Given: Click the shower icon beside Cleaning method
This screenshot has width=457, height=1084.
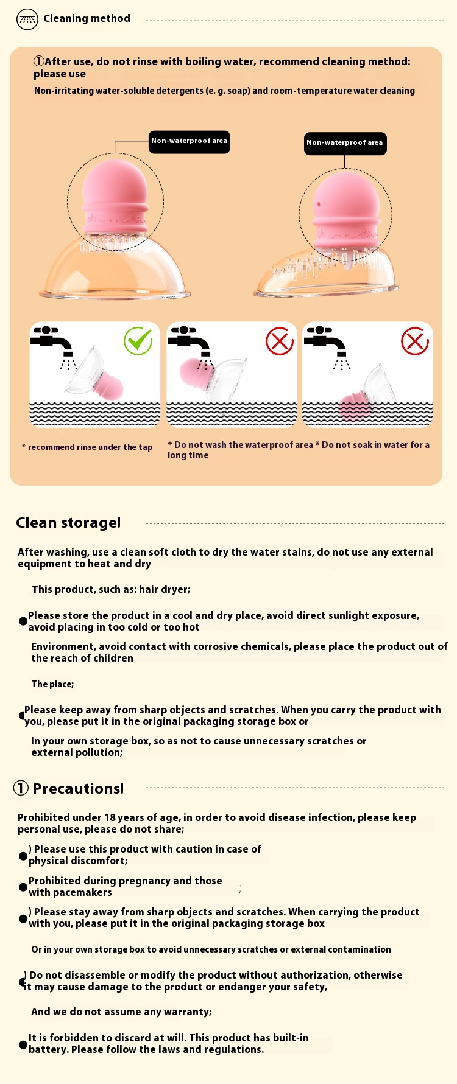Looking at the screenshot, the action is point(27,19).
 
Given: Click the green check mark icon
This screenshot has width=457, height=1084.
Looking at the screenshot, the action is point(138,341).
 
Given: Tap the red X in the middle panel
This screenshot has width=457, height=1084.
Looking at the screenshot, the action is point(280,341).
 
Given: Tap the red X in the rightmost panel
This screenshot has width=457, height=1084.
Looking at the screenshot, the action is point(415,341).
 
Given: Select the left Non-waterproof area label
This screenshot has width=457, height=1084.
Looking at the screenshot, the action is point(190,141).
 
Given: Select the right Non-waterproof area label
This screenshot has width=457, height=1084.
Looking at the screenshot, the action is point(345,144).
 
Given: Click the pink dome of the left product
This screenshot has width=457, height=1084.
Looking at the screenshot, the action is point(115,186).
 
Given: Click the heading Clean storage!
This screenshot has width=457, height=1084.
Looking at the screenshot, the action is point(68,523).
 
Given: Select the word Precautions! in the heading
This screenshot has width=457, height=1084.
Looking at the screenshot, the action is point(78,789).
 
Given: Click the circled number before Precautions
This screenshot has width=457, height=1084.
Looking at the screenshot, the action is point(21,788).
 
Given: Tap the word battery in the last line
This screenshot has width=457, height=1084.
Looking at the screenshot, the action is point(48,1050).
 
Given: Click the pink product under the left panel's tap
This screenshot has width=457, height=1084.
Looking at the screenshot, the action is point(108,386).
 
